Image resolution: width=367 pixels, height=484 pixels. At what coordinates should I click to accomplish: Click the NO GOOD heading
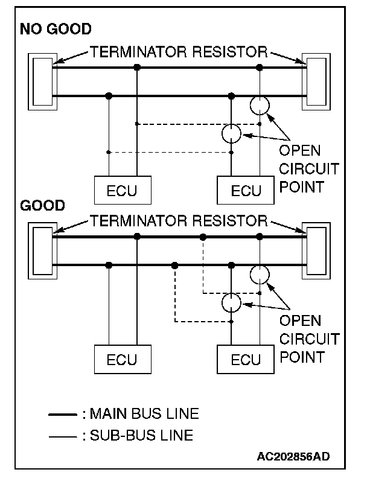[56, 28]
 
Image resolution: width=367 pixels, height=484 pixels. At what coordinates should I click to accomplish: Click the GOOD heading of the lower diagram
[42, 206]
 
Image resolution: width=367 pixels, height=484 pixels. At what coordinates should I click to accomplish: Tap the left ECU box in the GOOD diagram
[122, 360]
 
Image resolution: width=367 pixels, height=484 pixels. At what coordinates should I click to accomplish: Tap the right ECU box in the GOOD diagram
[246, 360]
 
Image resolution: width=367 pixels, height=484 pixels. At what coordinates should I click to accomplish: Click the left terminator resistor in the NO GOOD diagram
[43, 81]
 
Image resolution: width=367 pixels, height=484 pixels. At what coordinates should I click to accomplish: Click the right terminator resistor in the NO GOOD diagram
[316, 81]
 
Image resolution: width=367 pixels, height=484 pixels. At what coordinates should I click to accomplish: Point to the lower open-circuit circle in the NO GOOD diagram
[231, 133]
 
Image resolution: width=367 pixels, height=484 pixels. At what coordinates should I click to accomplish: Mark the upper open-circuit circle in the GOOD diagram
[260, 275]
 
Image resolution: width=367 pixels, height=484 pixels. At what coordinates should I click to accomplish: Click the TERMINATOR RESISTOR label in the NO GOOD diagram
[179, 52]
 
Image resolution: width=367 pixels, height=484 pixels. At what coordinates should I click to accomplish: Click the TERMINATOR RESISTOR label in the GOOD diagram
[179, 220]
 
